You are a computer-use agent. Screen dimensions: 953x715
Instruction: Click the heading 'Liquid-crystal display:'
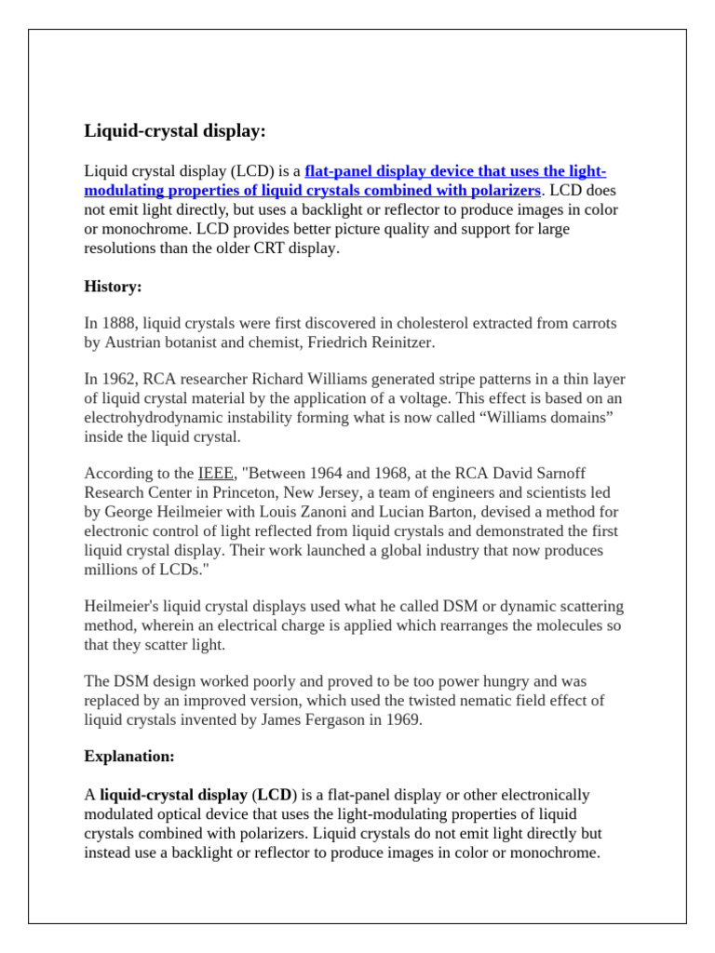175,131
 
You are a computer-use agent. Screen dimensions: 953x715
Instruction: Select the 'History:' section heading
113,287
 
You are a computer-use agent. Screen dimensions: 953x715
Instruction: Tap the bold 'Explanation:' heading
129,756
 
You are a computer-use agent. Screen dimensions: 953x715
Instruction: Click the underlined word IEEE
216,474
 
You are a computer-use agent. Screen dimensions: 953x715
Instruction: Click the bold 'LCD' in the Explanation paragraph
275,795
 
